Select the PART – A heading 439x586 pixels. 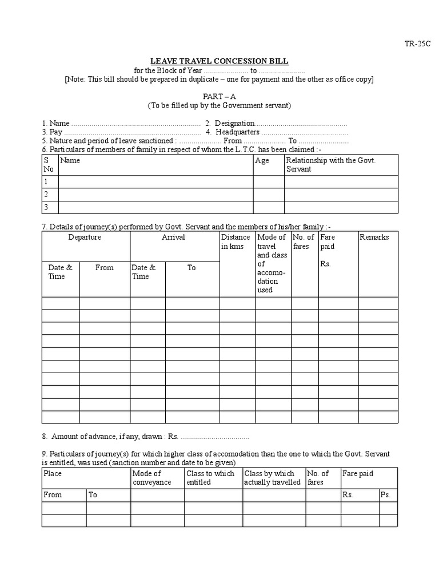pyautogui.click(x=219, y=97)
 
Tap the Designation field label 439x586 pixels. pyautogui.click(x=234, y=123)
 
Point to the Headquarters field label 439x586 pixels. pyautogui.click(x=238, y=132)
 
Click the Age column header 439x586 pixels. pyautogui.click(x=262, y=161)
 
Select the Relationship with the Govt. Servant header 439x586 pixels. pyautogui.click(x=330, y=165)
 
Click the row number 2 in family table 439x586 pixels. pyautogui.click(x=46, y=195)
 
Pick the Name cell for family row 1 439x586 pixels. pyautogui.click(x=155, y=182)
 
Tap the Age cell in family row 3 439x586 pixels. pyautogui.click(x=269, y=207)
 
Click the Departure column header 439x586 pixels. pyautogui.click(x=85, y=237)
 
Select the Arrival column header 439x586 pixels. pyautogui.click(x=174, y=237)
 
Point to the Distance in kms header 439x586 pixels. pyautogui.click(x=236, y=241)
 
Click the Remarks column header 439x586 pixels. pyautogui.click(x=374, y=237)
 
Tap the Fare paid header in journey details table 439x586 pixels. pyautogui.click(x=328, y=241)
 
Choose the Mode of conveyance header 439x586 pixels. pyautogui.click(x=147, y=478)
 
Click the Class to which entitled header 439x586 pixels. pyautogui.click(x=210, y=478)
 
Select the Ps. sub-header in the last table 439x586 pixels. pyautogui.click(x=385, y=495)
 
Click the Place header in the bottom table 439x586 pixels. pyautogui.click(x=53, y=474)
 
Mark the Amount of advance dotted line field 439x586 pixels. pyautogui.click(x=215, y=437)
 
